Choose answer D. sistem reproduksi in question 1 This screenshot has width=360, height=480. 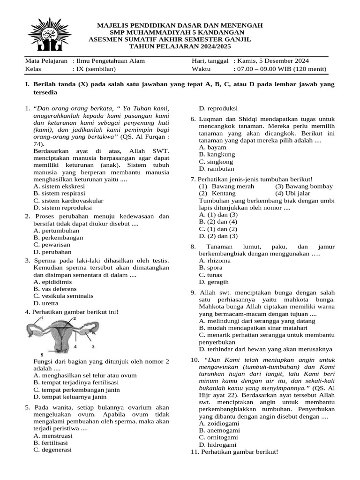(63, 208)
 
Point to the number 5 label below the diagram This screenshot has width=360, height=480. (42, 354)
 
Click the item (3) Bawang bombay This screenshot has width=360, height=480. (304, 187)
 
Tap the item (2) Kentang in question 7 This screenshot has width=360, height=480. (214, 194)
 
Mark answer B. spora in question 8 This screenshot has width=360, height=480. (210, 268)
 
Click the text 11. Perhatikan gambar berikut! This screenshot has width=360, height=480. (234, 452)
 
